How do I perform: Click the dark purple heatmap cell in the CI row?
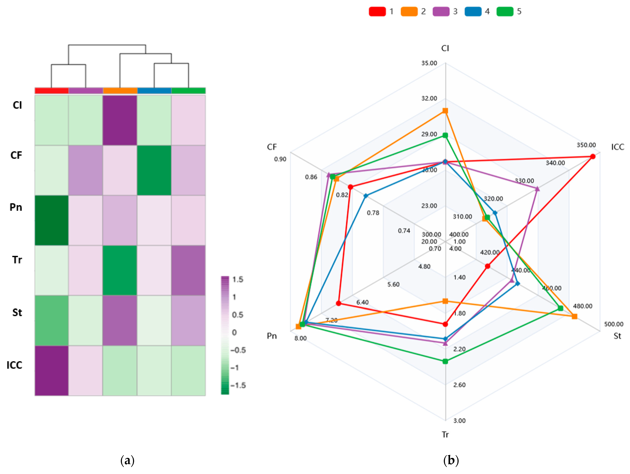(120, 120)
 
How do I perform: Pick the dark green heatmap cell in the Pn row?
(51, 220)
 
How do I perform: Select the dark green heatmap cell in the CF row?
(154, 170)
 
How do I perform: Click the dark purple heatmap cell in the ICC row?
(51, 370)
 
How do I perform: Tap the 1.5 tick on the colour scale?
(238, 279)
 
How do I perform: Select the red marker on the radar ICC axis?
(593, 156)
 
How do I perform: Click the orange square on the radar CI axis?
(445, 111)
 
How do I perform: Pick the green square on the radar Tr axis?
(445, 361)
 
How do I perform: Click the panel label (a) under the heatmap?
(127, 460)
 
